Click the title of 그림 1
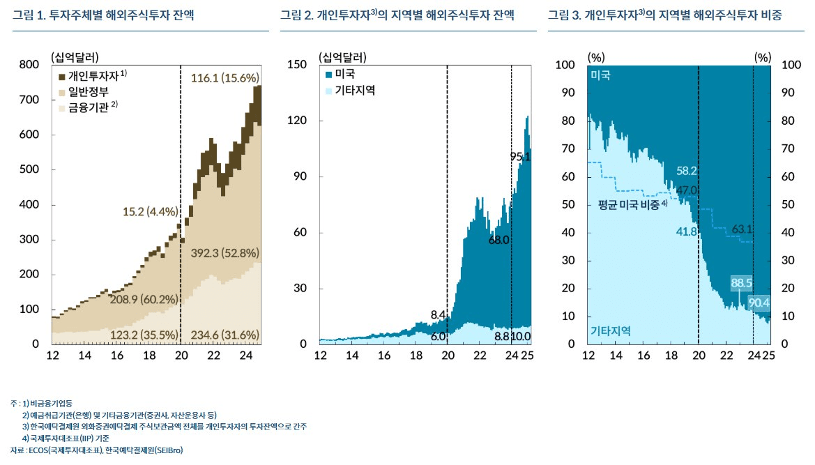point(102,15)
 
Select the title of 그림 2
point(397,15)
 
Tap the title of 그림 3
point(664,15)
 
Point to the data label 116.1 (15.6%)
point(224,77)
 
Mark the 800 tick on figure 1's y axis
point(29,65)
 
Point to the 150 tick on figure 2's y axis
point(299,65)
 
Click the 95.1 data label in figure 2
point(520,157)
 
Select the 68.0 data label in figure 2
point(498,240)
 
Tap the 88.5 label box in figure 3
point(741,282)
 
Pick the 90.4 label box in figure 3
point(759,303)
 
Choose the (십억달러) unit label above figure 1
point(75,56)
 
